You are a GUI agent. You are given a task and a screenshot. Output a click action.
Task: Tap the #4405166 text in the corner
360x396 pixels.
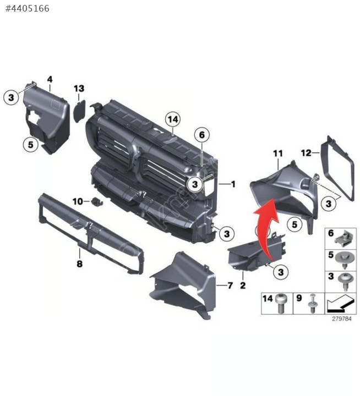(28, 9)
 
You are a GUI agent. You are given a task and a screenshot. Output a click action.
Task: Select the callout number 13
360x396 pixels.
(79, 89)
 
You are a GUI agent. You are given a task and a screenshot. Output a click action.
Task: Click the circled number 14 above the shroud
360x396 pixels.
(173, 119)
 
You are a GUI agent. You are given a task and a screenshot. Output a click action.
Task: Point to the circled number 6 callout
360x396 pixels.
(201, 135)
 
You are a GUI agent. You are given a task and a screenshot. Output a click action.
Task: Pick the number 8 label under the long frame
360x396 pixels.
(80, 264)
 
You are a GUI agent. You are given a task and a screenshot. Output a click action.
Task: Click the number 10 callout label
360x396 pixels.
(78, 201)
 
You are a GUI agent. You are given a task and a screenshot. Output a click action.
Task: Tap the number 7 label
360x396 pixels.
(230, 285)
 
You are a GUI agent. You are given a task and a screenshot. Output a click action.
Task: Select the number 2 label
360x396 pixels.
(243, 285)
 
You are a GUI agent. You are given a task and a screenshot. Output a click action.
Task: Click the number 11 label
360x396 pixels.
(278, 153)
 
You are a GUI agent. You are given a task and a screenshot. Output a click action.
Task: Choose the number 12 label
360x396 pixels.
(307, 153)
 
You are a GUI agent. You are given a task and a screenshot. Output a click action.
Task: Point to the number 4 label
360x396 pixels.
(50, 80)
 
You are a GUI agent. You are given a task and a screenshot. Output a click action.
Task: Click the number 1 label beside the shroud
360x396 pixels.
(233, 184)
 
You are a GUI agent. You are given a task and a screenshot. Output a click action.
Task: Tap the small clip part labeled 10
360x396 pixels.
(97, 201)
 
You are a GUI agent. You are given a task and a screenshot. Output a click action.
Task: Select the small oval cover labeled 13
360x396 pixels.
(79, 111)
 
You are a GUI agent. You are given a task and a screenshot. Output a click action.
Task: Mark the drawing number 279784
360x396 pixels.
(342, 318)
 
